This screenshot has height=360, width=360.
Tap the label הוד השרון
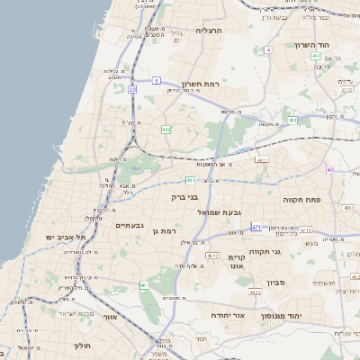point(312,45)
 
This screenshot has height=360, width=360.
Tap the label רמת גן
point(167,231)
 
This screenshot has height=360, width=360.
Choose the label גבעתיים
point(129,225)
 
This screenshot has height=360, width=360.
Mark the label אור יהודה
point(228,315)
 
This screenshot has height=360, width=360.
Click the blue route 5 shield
point(156,81)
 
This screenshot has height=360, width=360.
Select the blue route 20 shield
point(132,89)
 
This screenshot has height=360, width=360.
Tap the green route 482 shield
point(166,130)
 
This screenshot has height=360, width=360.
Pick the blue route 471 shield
point(256,228)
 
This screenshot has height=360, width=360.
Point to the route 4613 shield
point(213,256)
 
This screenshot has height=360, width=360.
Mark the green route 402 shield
point(315,57)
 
